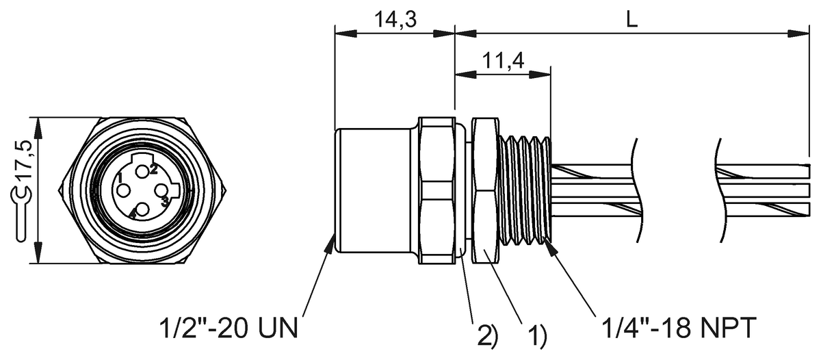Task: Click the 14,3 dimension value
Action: tap(395, 19)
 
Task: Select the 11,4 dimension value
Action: tap(503, 61)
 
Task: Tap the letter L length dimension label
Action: tap(631, 20)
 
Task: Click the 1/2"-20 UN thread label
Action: tap(229, 328)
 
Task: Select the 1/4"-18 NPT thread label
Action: tap(679, 328)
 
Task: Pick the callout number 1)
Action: tap(537, 335)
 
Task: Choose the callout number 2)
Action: tap(487, 335)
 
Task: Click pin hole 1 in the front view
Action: tap(123, 191)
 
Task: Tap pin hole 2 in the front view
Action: tap(142, 171)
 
